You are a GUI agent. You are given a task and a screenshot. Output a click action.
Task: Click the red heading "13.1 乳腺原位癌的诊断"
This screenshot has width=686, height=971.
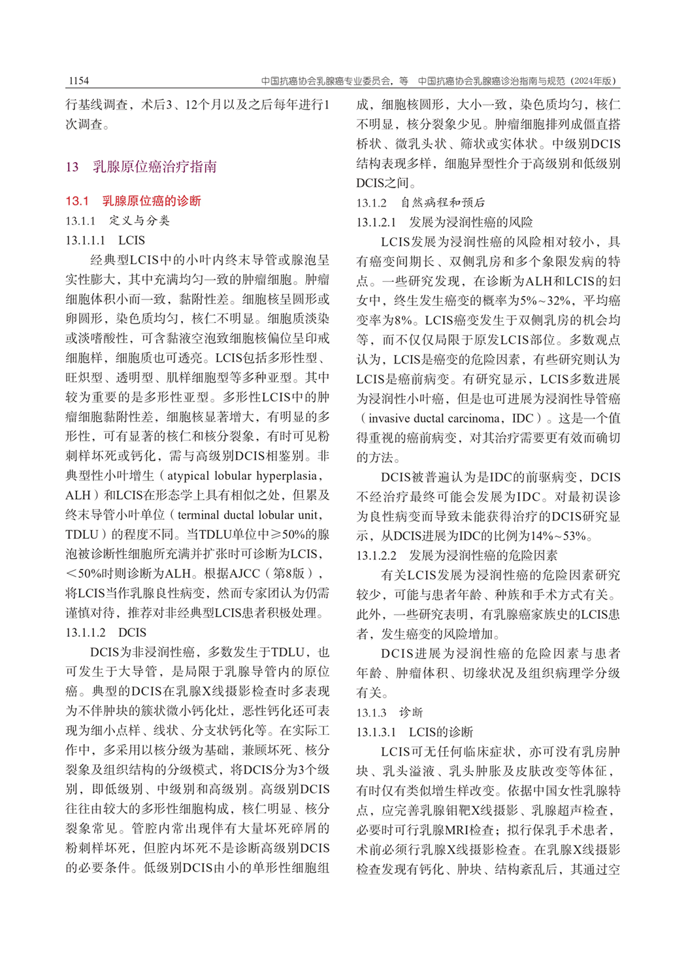click(133, 201)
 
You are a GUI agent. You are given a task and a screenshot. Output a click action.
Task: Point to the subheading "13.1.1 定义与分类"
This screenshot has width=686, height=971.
click(118, 220)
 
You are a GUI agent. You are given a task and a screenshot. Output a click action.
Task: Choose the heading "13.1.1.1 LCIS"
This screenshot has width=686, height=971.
click(105, 240)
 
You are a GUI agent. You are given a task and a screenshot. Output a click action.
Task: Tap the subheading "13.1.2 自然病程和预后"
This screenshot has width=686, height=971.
click(420, 203)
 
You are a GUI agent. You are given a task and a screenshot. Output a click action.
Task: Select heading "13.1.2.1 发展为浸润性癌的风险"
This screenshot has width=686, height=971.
click(444, 222)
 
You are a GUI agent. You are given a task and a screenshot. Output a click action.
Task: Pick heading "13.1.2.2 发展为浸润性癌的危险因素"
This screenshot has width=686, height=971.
click(457, 556)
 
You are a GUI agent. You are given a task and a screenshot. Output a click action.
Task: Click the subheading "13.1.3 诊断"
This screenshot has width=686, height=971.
click(389, 712)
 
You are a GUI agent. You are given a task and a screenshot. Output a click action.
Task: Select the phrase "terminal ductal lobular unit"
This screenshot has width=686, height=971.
click(245, 515)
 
